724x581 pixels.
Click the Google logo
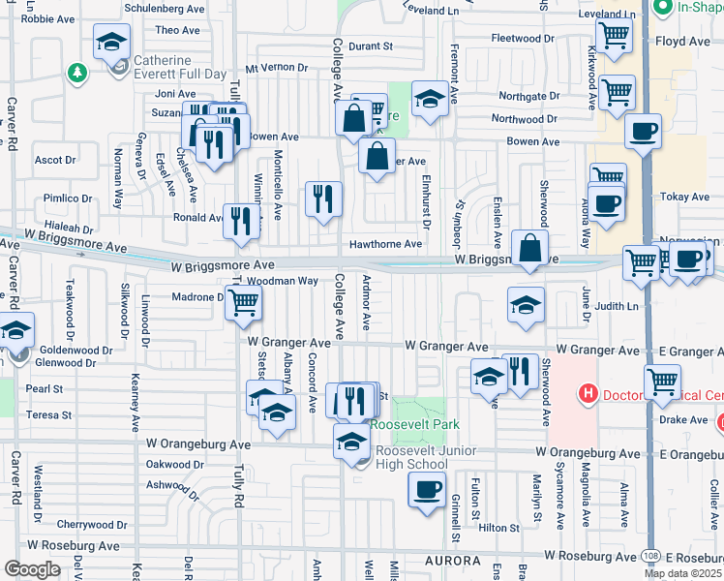(32, 568)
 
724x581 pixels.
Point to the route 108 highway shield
(650, 556)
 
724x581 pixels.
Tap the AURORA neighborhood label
(450, 562)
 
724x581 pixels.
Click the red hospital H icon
(587, 394)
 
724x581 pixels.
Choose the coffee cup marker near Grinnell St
(427, 488)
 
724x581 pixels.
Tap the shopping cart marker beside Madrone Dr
(245, 302)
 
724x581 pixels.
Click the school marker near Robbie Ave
(111, 43)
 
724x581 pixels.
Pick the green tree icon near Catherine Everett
(76, 72)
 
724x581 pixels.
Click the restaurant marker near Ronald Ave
(241, 220)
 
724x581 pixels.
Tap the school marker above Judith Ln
(525, 305)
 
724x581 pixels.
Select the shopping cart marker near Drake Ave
(662, 382)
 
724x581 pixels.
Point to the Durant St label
(370, 46)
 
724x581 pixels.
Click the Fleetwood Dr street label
(523, 38)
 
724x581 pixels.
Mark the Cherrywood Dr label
(86, 524)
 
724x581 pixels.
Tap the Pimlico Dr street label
(67, 199)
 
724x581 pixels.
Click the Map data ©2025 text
(681, 573)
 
